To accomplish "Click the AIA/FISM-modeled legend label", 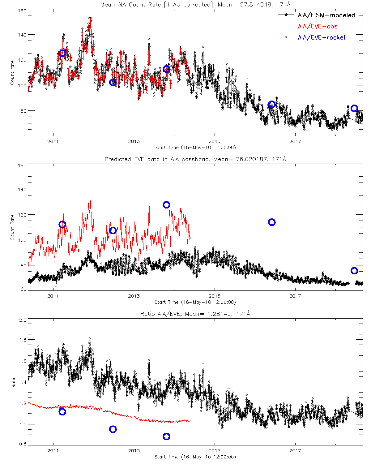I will point(326,15).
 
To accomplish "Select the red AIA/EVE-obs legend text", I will point(318,26).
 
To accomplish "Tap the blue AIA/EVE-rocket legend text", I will point(322,37).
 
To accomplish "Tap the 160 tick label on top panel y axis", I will point(22,11).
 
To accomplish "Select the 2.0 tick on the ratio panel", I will point(23,320).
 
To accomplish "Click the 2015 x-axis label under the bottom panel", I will point(215,451).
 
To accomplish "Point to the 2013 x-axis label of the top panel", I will point(134,141).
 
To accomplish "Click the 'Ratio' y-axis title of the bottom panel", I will point(13,382).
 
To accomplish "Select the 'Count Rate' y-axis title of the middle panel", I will point(12,227).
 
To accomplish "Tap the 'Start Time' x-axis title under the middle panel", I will point(195,302).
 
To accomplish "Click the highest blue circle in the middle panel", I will point(167,205).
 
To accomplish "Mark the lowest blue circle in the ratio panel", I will point(167,436).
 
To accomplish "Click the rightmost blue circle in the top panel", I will point(354,108).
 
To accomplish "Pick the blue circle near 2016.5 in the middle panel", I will point(272,222).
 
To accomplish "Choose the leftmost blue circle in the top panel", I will point(62,53).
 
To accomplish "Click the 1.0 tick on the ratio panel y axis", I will point(23,424).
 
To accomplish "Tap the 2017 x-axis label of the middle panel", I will point(295,296).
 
